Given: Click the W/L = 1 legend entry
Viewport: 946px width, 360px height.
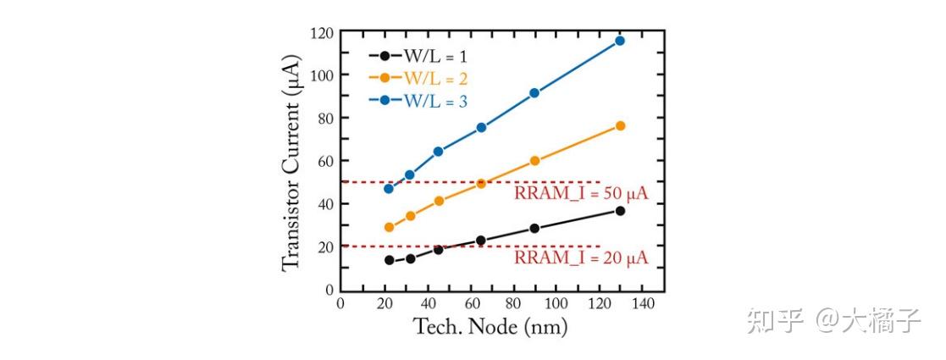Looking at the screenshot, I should tap(418, 57).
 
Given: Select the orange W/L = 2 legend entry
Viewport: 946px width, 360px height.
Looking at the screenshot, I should tap(418, 79).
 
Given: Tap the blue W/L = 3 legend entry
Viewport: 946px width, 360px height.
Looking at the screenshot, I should tap(418, 101).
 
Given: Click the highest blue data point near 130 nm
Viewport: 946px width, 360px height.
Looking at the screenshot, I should tap(619, 41).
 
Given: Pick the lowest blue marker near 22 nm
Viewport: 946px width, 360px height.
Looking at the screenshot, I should tap(389, 188).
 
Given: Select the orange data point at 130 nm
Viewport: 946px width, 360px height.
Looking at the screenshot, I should tap(620, 125).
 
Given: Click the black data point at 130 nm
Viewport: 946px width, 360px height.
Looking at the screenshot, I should tap(620, 211).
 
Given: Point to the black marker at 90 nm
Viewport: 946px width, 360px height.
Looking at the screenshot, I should tap(534, 229).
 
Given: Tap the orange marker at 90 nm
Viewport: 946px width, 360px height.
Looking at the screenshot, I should tap(534, 161).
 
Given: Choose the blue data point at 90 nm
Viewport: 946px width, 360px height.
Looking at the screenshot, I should tap(534, 93).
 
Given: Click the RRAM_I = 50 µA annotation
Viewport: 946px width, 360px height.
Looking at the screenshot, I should tap(581, 194).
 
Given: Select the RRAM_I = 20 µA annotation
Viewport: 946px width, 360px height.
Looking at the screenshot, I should tap(581, 258).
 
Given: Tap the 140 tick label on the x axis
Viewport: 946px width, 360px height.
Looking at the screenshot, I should tap(642, 304).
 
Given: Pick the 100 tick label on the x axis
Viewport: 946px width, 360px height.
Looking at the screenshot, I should tap(556, 304).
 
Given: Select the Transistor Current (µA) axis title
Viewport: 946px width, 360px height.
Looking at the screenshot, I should tap(292, 161).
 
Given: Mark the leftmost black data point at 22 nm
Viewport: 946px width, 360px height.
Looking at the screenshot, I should tap(389, 260).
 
